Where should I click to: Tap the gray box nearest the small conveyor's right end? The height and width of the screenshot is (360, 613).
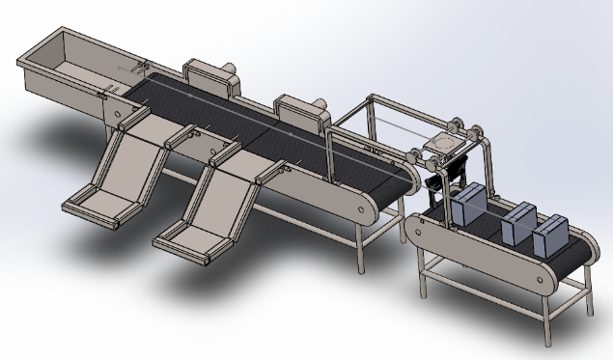point(550,235)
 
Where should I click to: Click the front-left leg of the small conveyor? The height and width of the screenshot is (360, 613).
point(422,280)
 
